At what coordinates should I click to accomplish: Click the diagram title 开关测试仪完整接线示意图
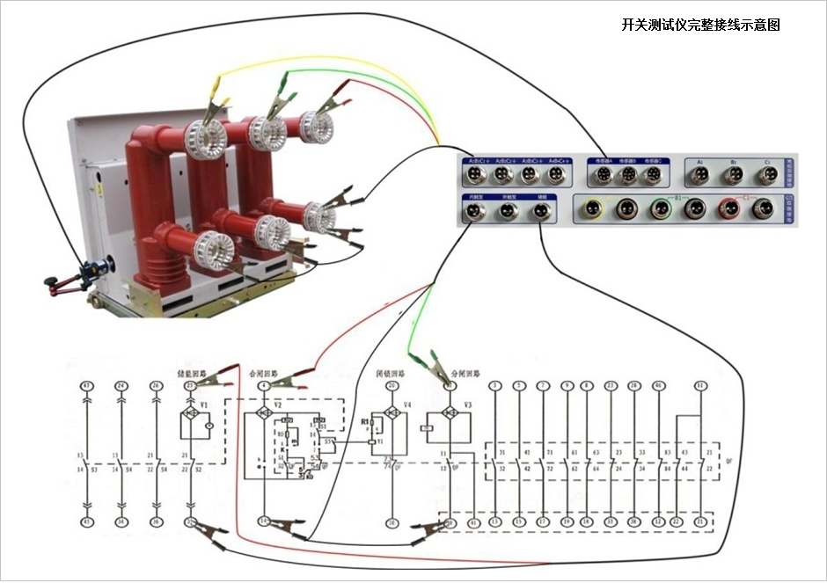click(700, 26)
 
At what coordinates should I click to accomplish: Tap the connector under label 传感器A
click(604, 176)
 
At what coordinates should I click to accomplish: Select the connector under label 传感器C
click(651, 176)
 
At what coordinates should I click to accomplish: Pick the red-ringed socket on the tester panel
click(729, 208)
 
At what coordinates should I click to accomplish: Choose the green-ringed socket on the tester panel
click(662, 208)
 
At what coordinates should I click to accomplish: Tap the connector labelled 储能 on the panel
click(539, 211)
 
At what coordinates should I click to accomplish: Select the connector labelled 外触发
click(508, 211)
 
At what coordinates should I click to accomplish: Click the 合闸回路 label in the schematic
click(267, 374)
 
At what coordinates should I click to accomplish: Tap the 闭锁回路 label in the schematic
click(392, 374)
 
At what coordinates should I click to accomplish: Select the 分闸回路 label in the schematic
click(464, 374)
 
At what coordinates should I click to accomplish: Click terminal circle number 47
click(86, 386)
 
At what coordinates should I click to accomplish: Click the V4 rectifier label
click(406, 405)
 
